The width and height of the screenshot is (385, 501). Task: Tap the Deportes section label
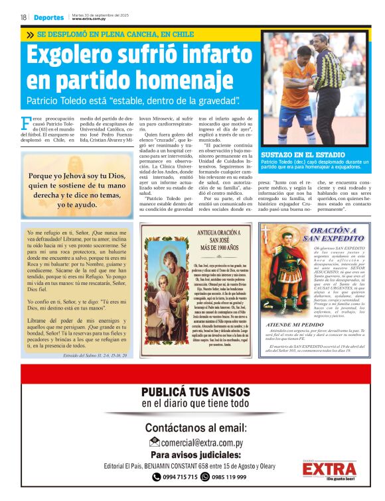(x=49, y=18)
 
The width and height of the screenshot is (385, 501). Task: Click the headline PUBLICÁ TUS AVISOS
(x=195, y=392)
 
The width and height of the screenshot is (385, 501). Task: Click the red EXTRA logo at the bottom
(x=328, y=469)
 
